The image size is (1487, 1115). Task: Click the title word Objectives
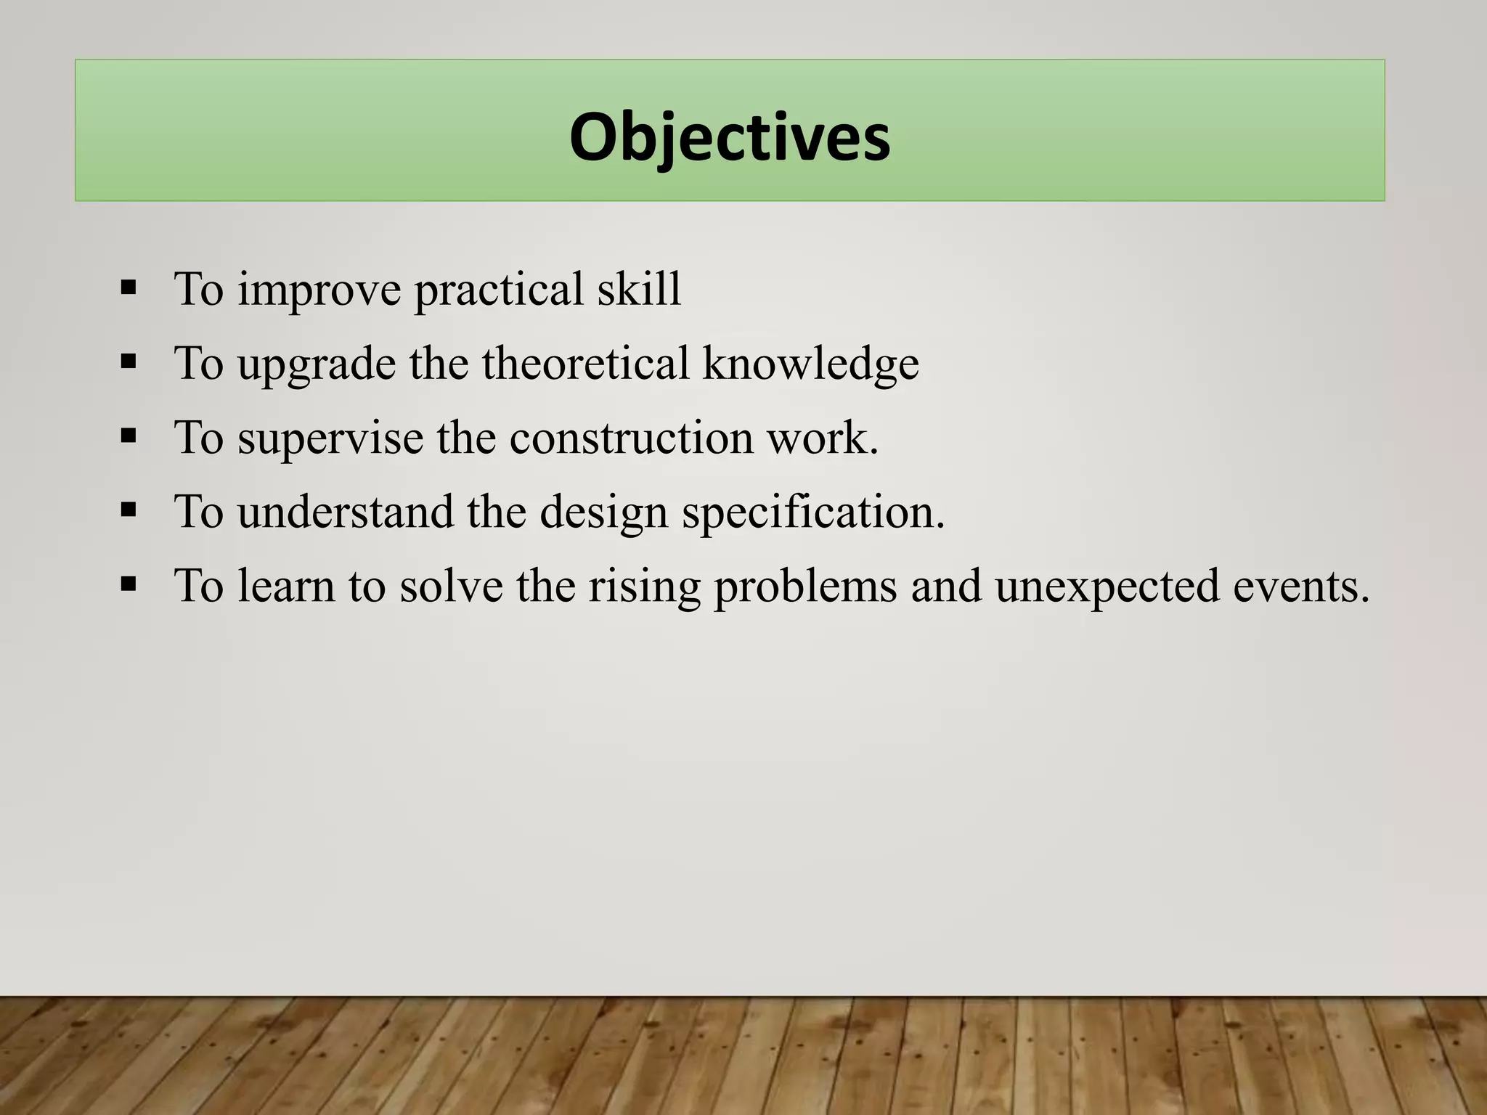[x=729, y=137]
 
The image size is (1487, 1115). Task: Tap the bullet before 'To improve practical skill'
[x=129, y=288]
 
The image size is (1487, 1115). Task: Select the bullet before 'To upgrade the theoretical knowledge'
[x=129, y=362]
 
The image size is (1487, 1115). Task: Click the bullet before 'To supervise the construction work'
[x=129, y=436]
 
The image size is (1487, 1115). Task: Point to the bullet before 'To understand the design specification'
[x=129, y=510]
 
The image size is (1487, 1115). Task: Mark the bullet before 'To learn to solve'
[x=129, y=584]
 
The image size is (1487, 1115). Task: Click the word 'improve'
[x=319, y=290]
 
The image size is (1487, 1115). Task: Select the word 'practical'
[x=498, y=290]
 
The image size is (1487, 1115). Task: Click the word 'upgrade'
[x=317, y=365]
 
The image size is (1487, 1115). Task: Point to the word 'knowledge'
[x=810, y=364]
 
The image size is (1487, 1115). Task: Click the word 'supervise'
[x=330, y=438]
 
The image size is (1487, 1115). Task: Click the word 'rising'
[x=644, y=587]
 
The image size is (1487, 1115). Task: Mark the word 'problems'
[x=806, y=587]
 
